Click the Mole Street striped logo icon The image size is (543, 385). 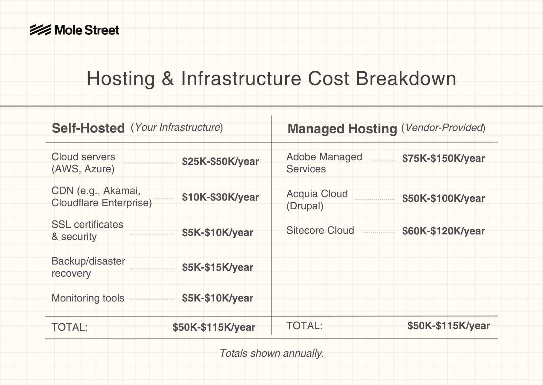[40, 30]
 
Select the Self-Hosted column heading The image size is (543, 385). [88, 128]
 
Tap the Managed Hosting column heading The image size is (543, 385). [342, 129]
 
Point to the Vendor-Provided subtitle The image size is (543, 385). [443, 128]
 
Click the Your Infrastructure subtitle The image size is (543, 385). [177, 127]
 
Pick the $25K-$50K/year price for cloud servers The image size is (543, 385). [221, 161]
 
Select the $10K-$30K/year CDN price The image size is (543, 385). [221, 197]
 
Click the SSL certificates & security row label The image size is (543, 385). [87, 230]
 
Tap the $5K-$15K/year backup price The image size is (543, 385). [217, 267]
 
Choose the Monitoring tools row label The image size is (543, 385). [88, 298]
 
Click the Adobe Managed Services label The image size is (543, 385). [324, 163]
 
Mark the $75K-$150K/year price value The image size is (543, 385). [444, 158]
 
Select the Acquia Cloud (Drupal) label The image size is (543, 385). [317, 200]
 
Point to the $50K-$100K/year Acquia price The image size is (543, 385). [444, 198]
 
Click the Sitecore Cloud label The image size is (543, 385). [320, 230]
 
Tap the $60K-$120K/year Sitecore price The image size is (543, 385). [444, 231]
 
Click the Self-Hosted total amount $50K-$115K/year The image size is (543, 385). [214, 327]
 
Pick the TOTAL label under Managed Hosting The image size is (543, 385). [304, 325]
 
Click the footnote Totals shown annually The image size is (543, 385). [272, 353]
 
